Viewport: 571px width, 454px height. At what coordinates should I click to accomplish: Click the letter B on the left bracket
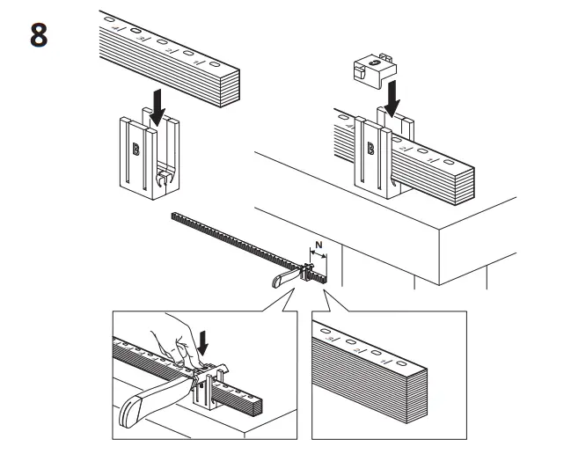pyautogui.click(x=135, y=149)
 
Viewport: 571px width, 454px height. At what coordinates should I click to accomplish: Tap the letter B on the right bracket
pyautogui.click(x=370, y=148)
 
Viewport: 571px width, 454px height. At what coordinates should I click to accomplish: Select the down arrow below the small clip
pyautogui.click(x=392, y=95)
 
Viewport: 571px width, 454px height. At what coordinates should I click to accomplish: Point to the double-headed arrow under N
pyautogui.click(x=318, y=258)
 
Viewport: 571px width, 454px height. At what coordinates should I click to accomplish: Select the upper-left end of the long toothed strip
pyautogui.click(x=174, y=215)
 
